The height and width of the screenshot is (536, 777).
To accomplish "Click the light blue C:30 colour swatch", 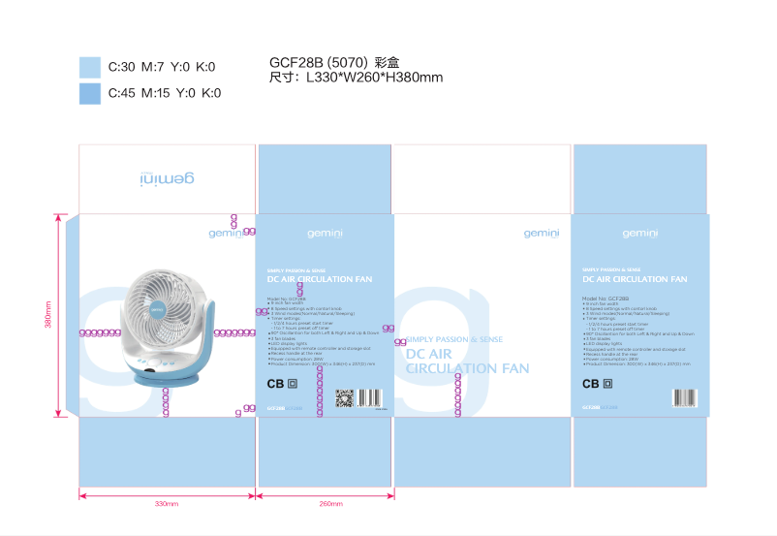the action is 89,66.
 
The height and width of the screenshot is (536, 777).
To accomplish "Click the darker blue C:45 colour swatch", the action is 89,93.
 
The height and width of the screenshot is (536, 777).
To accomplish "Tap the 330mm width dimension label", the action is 167,504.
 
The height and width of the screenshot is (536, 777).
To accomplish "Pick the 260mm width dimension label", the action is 330,504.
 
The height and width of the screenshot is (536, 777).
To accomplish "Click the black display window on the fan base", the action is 152,368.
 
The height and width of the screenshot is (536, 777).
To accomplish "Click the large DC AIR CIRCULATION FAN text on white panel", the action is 467,362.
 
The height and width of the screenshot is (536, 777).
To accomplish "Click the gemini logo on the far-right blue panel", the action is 639,233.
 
